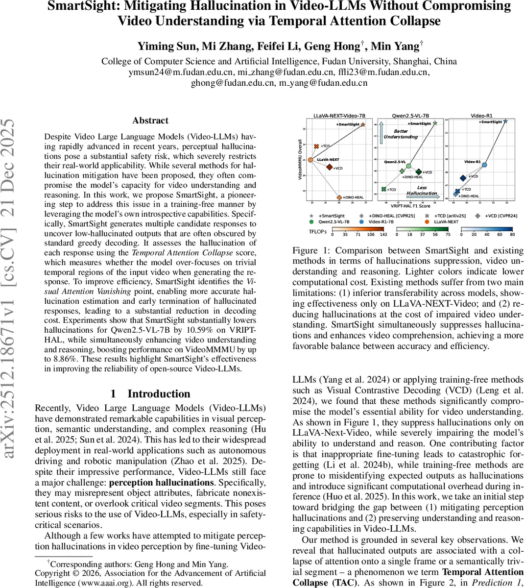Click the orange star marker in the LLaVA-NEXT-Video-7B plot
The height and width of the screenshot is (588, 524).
point(363,124)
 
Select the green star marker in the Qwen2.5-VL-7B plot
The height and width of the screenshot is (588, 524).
point(435,123)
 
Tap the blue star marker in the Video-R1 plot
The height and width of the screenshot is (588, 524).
point(505,121)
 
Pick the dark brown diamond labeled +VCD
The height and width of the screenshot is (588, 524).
point(330,168)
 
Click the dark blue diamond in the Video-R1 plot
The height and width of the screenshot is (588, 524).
point(463,178)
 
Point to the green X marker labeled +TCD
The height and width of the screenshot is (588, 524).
point(383,189)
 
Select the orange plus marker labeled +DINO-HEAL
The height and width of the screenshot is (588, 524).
point(339,197)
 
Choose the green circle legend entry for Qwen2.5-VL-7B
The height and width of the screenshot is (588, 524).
point(311,221)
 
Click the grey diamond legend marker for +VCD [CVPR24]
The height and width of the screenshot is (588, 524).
point(477,216)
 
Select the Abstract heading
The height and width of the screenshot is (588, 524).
point(150,121)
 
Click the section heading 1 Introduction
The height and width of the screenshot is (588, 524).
point(150,394)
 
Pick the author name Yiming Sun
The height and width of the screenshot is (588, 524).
point(159,47)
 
